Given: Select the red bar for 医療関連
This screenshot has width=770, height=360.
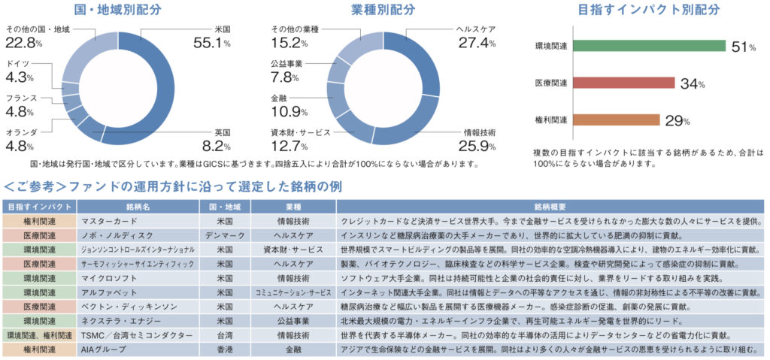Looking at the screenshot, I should pyautogui.click(x=623, y=83).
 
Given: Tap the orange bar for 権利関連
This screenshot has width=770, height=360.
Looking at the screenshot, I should pyautogui.click(x=615, y=119).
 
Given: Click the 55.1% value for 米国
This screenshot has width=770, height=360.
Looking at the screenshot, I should pyautogui.click(x=213, y=44).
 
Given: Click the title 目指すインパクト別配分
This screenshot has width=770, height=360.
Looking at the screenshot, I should pyautogui.click(x=648, y=11).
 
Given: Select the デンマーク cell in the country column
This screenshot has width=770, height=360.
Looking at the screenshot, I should pyautogui.click(x=223, y=236).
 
